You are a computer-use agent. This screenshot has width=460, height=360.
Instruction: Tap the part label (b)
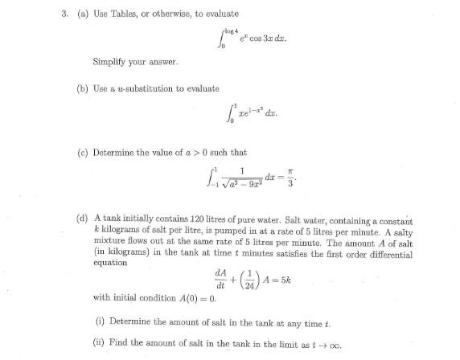(81, 88)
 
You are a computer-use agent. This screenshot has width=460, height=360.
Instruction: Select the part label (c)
(81, 152)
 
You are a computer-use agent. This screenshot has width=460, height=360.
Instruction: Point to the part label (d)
(81, 219)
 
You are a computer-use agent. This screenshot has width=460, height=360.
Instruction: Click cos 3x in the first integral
(248, 37)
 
